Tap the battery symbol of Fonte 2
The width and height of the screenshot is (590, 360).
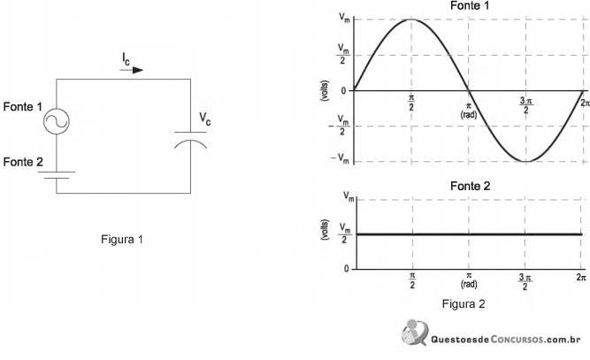[x=57, y=175]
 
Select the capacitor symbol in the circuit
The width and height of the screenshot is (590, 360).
[x=190, y=140]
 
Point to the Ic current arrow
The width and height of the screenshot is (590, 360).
[x=132, y=70]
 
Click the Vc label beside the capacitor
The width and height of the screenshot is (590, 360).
[x=205, y=119]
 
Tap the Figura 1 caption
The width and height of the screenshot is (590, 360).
[x=122, y=239]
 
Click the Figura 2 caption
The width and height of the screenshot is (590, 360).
[x=464, y=303]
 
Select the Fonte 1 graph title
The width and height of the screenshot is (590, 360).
[x=470, y=5]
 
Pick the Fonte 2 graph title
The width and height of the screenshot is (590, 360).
[x=470, y=186]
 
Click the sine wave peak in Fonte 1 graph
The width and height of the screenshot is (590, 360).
[x=411, y=19]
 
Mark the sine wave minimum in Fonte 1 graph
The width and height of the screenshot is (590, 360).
[x=526, y=161]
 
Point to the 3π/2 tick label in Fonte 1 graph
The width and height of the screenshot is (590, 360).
[x=526, y=105]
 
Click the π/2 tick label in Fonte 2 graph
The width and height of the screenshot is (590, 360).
[x=412, y=280]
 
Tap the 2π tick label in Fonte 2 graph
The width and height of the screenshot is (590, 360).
[x=581, y=277]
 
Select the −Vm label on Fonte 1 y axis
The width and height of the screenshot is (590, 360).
[x=340, y=158]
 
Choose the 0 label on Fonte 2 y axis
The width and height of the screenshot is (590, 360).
[x=347, y=268]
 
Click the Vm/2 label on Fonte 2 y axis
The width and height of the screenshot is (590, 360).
[x=345, y=233]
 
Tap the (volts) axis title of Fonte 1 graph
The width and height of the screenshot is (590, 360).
[x=324, y=90]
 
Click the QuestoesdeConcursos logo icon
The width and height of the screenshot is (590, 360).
[x=414, y=333]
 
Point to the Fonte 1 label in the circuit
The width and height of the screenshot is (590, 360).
[x=23, y=107]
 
